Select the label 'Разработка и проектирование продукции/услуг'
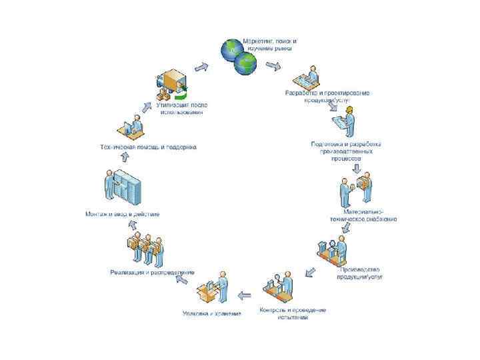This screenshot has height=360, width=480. tap(328, 96)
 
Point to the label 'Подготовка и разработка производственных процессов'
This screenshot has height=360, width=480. tap(346, 151)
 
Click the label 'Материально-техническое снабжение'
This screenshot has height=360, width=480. tap(365, 215)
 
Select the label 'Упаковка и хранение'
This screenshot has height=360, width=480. tap(212, 313)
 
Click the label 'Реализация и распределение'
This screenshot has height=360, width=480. tap(152, 272)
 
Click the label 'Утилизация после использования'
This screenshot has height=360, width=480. tap(179, 108)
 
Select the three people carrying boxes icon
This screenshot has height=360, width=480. tap(144, 250)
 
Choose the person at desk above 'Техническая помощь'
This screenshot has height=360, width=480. tap(132, 127)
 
